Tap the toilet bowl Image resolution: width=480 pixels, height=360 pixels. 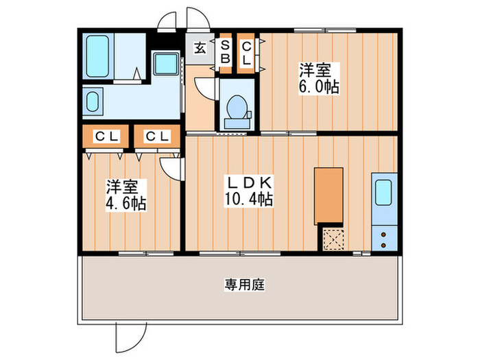pyautogui.click(x=237, y=109)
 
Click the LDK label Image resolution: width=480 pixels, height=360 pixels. pyautogui.click(x=251, y=184)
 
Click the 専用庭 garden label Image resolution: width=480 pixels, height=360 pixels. pyautogui.click(x=239, y=284)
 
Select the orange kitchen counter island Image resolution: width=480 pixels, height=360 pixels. pyautogui.click(x=328, y=195)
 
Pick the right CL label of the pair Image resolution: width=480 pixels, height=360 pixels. pyautogui.click(x=157, y=136)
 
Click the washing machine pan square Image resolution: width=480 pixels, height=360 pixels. pyautogui.click(x=165, y=66)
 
